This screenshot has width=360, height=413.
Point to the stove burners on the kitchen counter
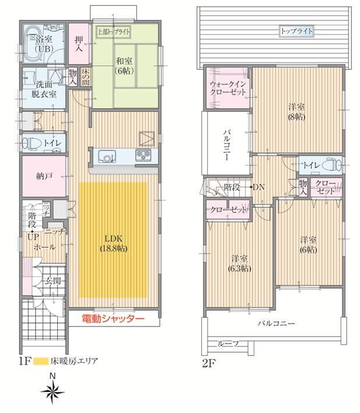(143, 155)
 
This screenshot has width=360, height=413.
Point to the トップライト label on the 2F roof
(296, 30)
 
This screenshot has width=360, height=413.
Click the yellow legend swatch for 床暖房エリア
(40, 361)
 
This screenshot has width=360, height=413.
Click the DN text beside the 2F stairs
(257, 187)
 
